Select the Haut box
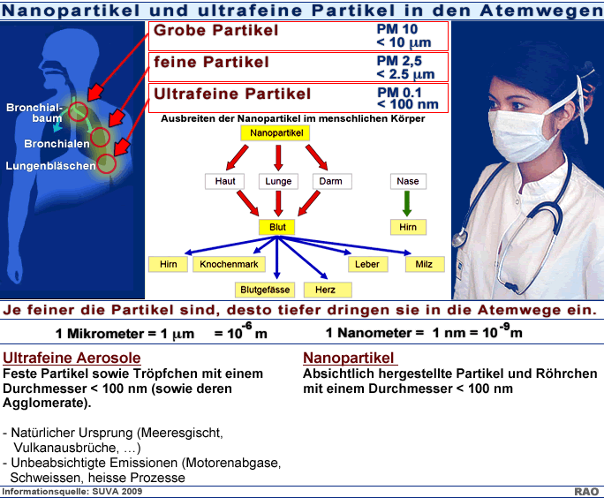pos(225,181)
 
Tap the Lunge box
pos(278,181)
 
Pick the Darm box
pos(331,181)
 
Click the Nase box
pos(408,181)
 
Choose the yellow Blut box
pos(277,227)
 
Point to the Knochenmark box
pos(229,264)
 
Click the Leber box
pos(367,264)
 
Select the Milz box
pos(425,264)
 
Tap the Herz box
pos(328,290)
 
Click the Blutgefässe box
pos(265,290)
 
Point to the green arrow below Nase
pos(407,203)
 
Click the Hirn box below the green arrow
pos(408,227)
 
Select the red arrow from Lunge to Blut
pos(278,203)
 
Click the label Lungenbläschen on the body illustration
pos(50,166)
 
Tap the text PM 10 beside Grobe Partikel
pos(397,29)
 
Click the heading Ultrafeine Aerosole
pos(72,358)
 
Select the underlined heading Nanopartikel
pos(349,358)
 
